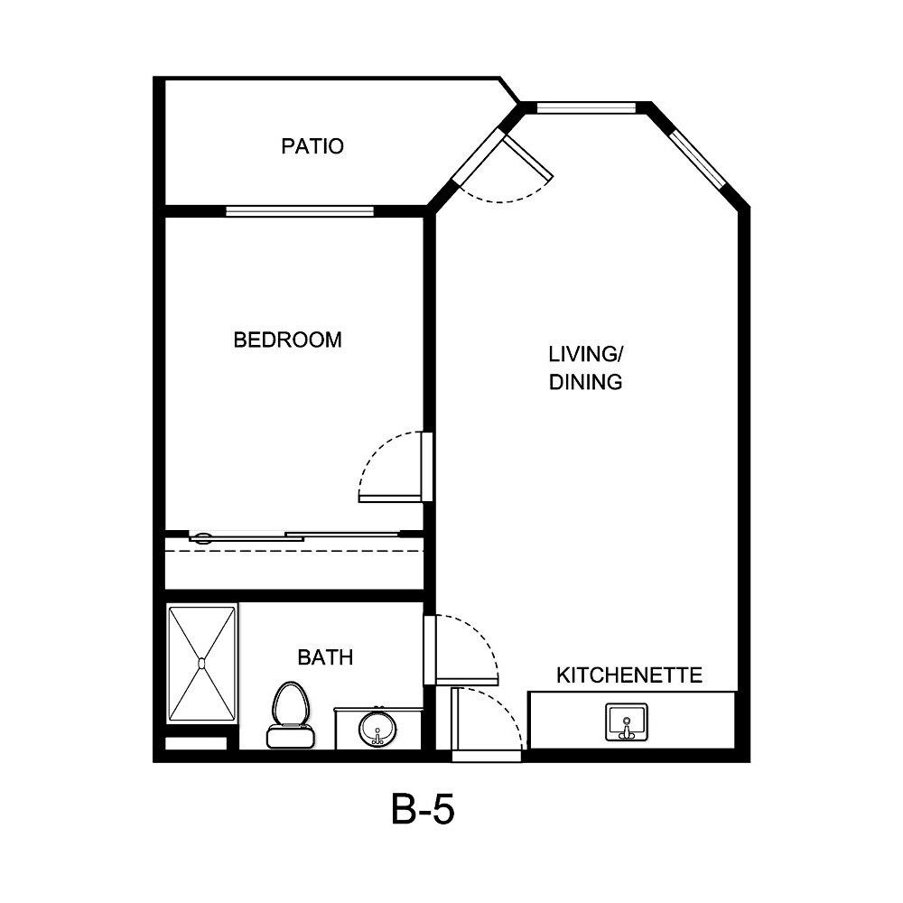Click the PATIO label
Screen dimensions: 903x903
click(x=312, y=146)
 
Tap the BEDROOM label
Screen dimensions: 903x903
click(x=287, y=340)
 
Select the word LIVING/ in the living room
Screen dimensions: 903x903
click(x=586, y=352)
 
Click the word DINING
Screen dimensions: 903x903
click(x=586, y=382)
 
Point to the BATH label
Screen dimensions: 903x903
click(x=325, y=657)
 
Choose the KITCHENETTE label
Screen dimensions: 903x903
click(x=629, y=675)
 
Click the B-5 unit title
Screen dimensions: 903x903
click(x=422, y=810)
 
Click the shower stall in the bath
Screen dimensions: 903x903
click(x=202, y=664)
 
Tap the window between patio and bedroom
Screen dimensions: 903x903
click(x=299, y=212)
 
